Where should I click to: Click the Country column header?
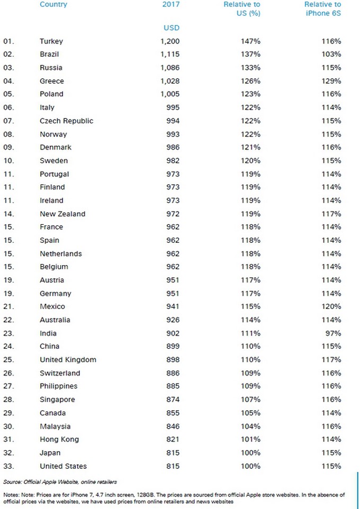[53, 5]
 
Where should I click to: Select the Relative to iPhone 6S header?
[322, 9]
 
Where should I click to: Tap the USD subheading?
[171, 28]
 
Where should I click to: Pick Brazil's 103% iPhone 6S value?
[331, 54]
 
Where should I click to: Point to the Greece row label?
[52, 81]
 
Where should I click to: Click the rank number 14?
[9, 214]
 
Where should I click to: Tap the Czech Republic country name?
[66, 121]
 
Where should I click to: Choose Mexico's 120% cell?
[331, 306]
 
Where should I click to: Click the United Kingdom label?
[68, 360]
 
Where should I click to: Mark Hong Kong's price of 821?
[173, 439]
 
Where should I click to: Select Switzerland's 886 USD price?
[173, 373]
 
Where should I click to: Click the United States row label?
[63, 466]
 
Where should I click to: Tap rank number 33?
[9, 466]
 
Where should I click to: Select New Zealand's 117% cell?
[331, 214]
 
